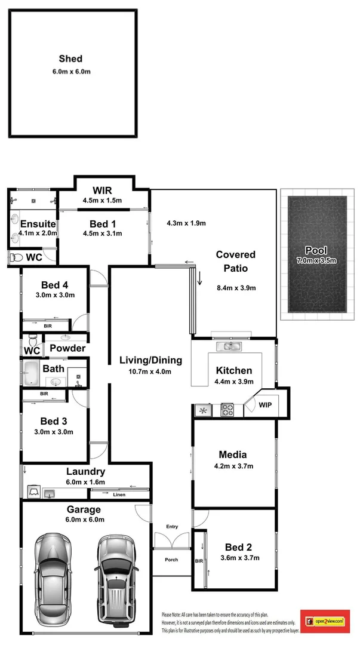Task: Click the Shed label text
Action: [x=70, y=59]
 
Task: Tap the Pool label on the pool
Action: [x=316, y=250]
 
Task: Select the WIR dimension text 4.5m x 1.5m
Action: [x=102, y=201]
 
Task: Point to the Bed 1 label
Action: [x=102, y=223]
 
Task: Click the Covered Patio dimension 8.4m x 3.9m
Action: [x=236, y=288]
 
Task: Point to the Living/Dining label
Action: [x=150, y=360]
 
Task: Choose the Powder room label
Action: [x=67, y=348]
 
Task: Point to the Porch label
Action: [x=172, y=560]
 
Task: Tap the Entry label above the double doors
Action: [x=172, y=526]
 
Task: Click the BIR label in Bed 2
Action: [x=199, y=561]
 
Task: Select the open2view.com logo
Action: [x=325, y=622]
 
